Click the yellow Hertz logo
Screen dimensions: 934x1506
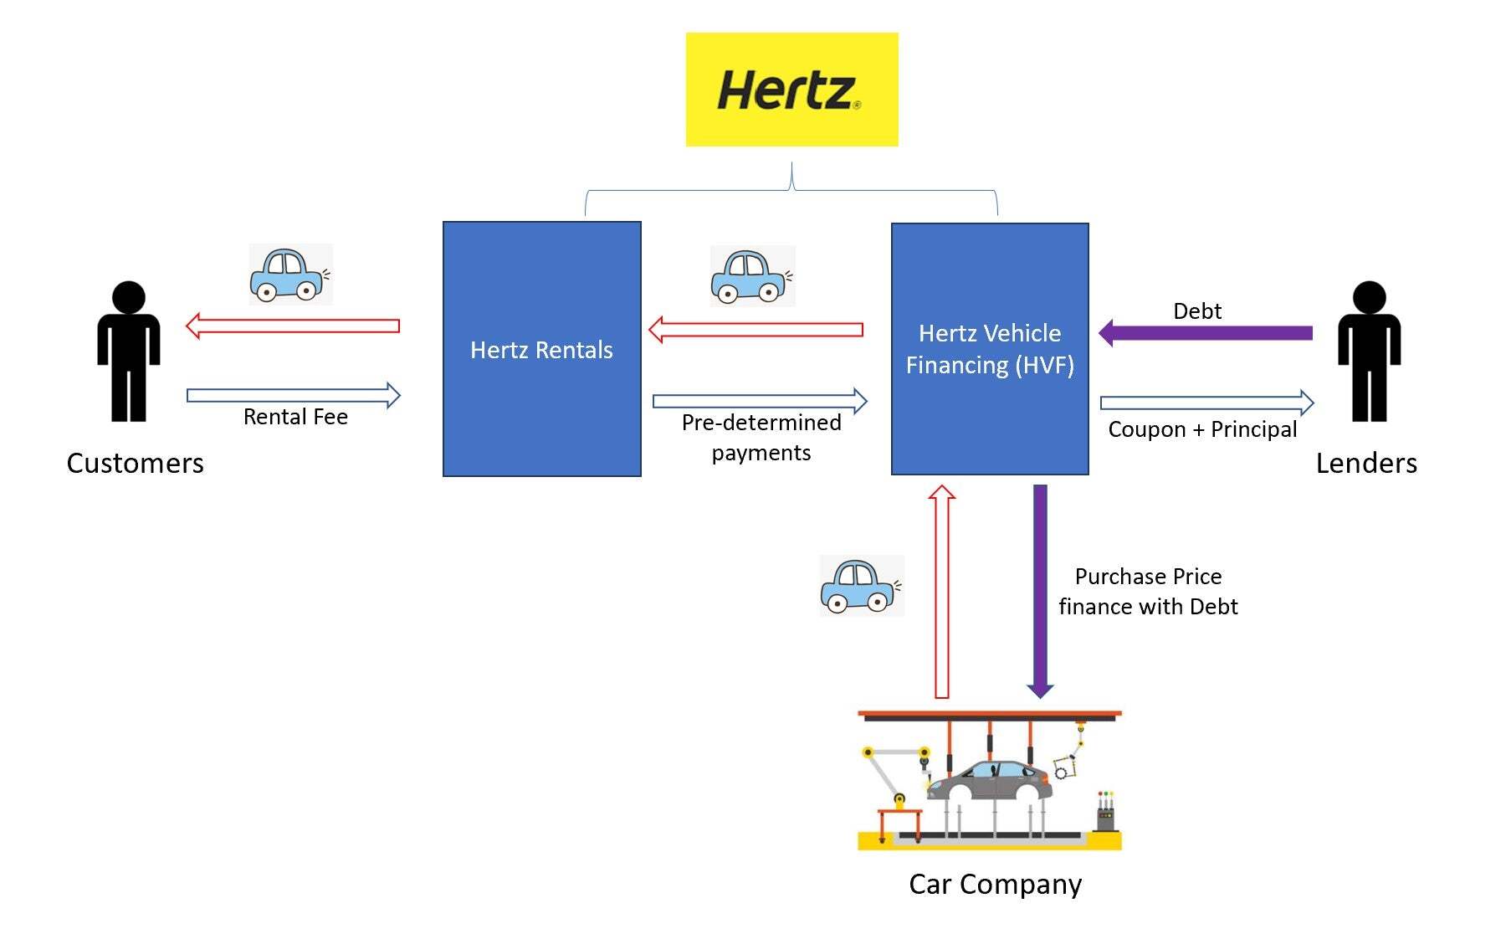click(x=791, y=90)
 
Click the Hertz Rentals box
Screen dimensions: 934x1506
click(x=541, y=349)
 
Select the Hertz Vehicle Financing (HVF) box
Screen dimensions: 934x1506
click(x=990, y=349)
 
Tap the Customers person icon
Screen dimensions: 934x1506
click(x=129, y=352)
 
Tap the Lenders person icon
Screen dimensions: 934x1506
click(x=1369, y=352)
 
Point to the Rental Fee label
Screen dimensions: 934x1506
click(x=295, y=417)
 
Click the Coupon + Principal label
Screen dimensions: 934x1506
click(x=1202, y=429)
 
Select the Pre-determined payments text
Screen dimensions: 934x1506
click(x=761, y=437)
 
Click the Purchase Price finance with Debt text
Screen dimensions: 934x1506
click(x=1148, y=591)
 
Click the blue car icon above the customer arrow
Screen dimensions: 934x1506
click(x=290, y=275)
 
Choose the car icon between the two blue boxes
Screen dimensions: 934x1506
click(x=751, y=275)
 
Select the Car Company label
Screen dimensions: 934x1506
click(x=995, y=884)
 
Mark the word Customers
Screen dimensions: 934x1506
click(x=135, y=463)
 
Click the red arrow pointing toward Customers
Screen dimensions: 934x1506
click(x=292, y=326)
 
